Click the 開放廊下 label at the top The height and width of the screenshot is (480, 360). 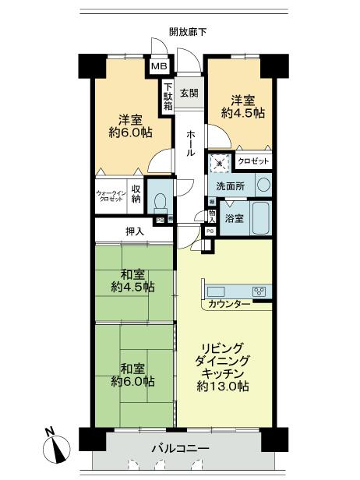coord(188,32)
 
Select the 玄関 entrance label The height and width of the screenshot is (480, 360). coord(189,93)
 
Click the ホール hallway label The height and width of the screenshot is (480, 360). coord(190,143)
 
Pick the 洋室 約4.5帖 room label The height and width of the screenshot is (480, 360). coord(247,106)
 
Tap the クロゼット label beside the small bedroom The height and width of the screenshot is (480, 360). coord(253,161)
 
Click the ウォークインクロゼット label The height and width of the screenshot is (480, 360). coord(111,196)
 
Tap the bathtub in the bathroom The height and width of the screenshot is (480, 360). coord(261,219)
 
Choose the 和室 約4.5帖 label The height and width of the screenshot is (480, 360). coord(132,281)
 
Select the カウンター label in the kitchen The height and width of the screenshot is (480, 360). coord(229,303)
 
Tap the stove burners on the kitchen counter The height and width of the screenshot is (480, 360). coord(259,291)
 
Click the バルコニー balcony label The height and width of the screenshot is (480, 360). coord(180,450)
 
